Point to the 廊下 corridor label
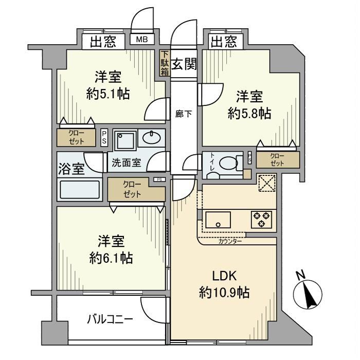tap(183, 114)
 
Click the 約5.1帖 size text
tap(107, 94)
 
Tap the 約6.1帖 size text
tap(111, 258)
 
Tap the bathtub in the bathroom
tap(80, 190)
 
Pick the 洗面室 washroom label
tap(127, 163)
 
